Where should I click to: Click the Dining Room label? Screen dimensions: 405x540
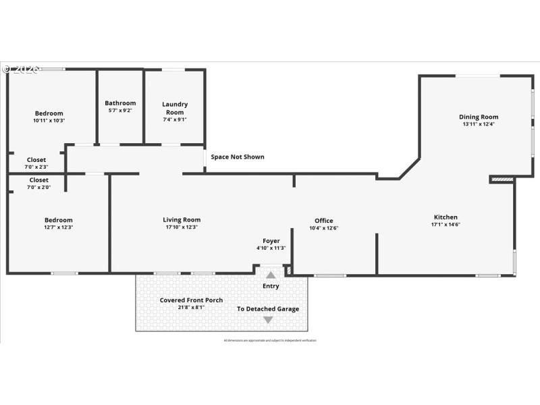[479, 117]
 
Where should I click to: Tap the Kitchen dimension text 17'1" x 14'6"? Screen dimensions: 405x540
[446, 225]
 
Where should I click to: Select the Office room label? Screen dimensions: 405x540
[324, 221]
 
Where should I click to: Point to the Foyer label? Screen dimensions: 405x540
[271, 241]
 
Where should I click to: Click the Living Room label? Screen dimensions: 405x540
[182, 219]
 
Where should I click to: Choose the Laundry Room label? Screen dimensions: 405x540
[175, 108]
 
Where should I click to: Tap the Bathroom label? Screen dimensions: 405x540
[120, 103]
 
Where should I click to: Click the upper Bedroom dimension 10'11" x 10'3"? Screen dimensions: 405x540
[49, 120]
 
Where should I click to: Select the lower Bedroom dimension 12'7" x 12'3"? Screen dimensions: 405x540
[58, 227]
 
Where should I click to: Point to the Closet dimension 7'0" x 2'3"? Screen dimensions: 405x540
[36, 167]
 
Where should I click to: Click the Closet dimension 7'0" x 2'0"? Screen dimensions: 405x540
[39, 187]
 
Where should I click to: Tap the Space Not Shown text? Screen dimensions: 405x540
[238, 157]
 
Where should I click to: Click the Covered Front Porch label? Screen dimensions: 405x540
[191, 300]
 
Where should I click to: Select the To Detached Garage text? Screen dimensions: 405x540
[268, 309]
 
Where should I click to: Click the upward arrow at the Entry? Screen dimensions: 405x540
[271, 275]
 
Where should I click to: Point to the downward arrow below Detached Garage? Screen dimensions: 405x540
[268, 320]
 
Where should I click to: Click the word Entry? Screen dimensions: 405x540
[271, 286]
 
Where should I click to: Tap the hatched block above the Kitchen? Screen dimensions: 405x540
[502, 180]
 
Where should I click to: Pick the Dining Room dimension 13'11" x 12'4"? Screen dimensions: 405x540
[479, 124]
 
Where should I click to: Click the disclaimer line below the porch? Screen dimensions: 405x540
[270, 340]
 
